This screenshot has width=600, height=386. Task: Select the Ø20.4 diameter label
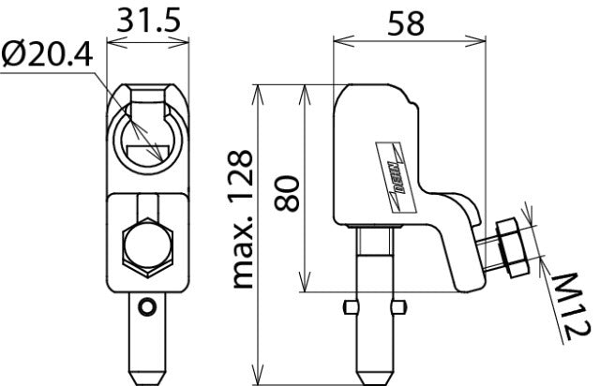coord(46,57)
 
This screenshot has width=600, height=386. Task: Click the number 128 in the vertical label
coord(243,177)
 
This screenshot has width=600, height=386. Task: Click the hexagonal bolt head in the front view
coord(148,250)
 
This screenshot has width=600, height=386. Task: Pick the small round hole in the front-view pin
coord(144,306)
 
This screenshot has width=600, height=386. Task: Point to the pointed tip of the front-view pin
coord(145,378)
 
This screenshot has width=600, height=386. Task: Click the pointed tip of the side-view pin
coord(373,378)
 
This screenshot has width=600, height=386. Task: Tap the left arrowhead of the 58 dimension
coord(338,40)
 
